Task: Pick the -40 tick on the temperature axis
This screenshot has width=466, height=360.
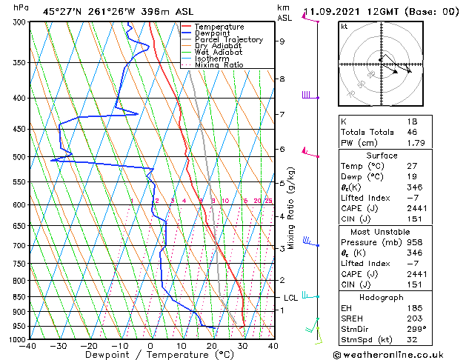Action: coord(28,345)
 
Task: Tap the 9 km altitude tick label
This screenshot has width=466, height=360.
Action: coord(282,41)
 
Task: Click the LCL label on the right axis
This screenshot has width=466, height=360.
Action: coord(291,298)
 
